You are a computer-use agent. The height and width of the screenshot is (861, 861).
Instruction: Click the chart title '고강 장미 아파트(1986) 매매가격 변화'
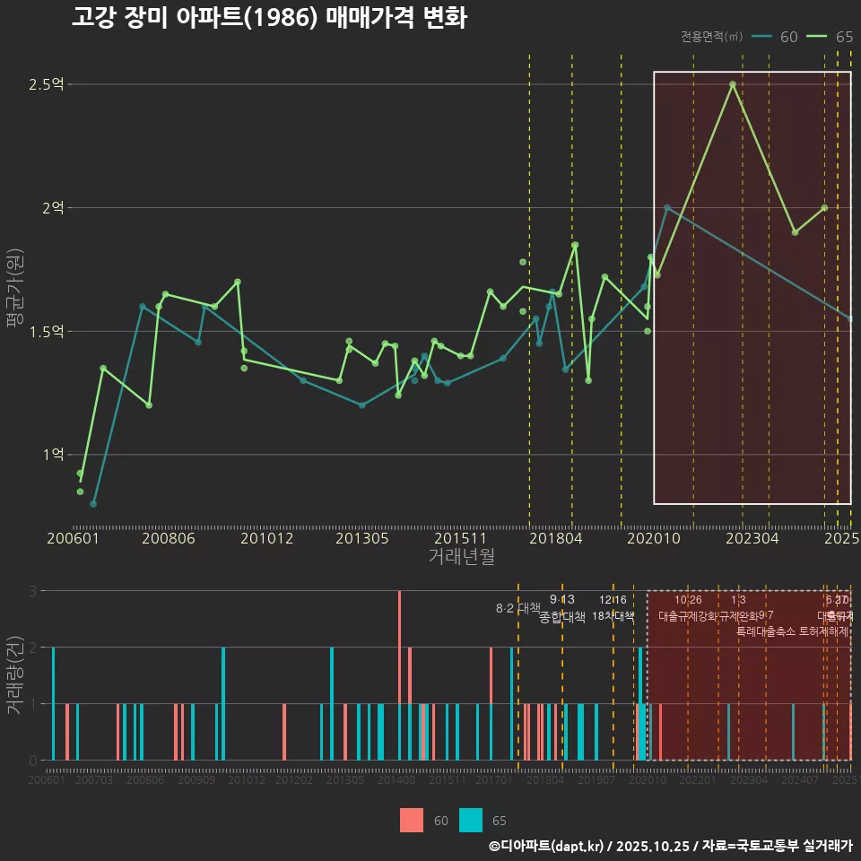(x=268, y=18)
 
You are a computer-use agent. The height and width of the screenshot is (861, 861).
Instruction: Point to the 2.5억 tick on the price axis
(x=46, y=84)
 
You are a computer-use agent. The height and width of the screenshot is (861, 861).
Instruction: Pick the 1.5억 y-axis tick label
(x=46, y=331)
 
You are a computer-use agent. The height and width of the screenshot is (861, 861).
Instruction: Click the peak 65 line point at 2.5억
(x=733, y=84)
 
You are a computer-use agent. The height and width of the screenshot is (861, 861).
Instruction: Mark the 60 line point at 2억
(x=666, y=207)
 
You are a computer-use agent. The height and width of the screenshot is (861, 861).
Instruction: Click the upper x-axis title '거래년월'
(x=461, y=556)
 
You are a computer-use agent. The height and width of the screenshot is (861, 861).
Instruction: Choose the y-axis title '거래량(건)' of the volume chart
(x=15, y=674)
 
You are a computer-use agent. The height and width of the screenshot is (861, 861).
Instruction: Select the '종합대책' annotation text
(x=562, y=617)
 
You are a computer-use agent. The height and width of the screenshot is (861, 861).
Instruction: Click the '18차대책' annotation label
(x=613, y=616)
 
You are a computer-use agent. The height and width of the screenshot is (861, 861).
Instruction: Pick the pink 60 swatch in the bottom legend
(x=412, y=820)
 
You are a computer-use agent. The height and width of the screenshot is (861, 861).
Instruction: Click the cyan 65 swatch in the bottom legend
(x=471, y=820)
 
